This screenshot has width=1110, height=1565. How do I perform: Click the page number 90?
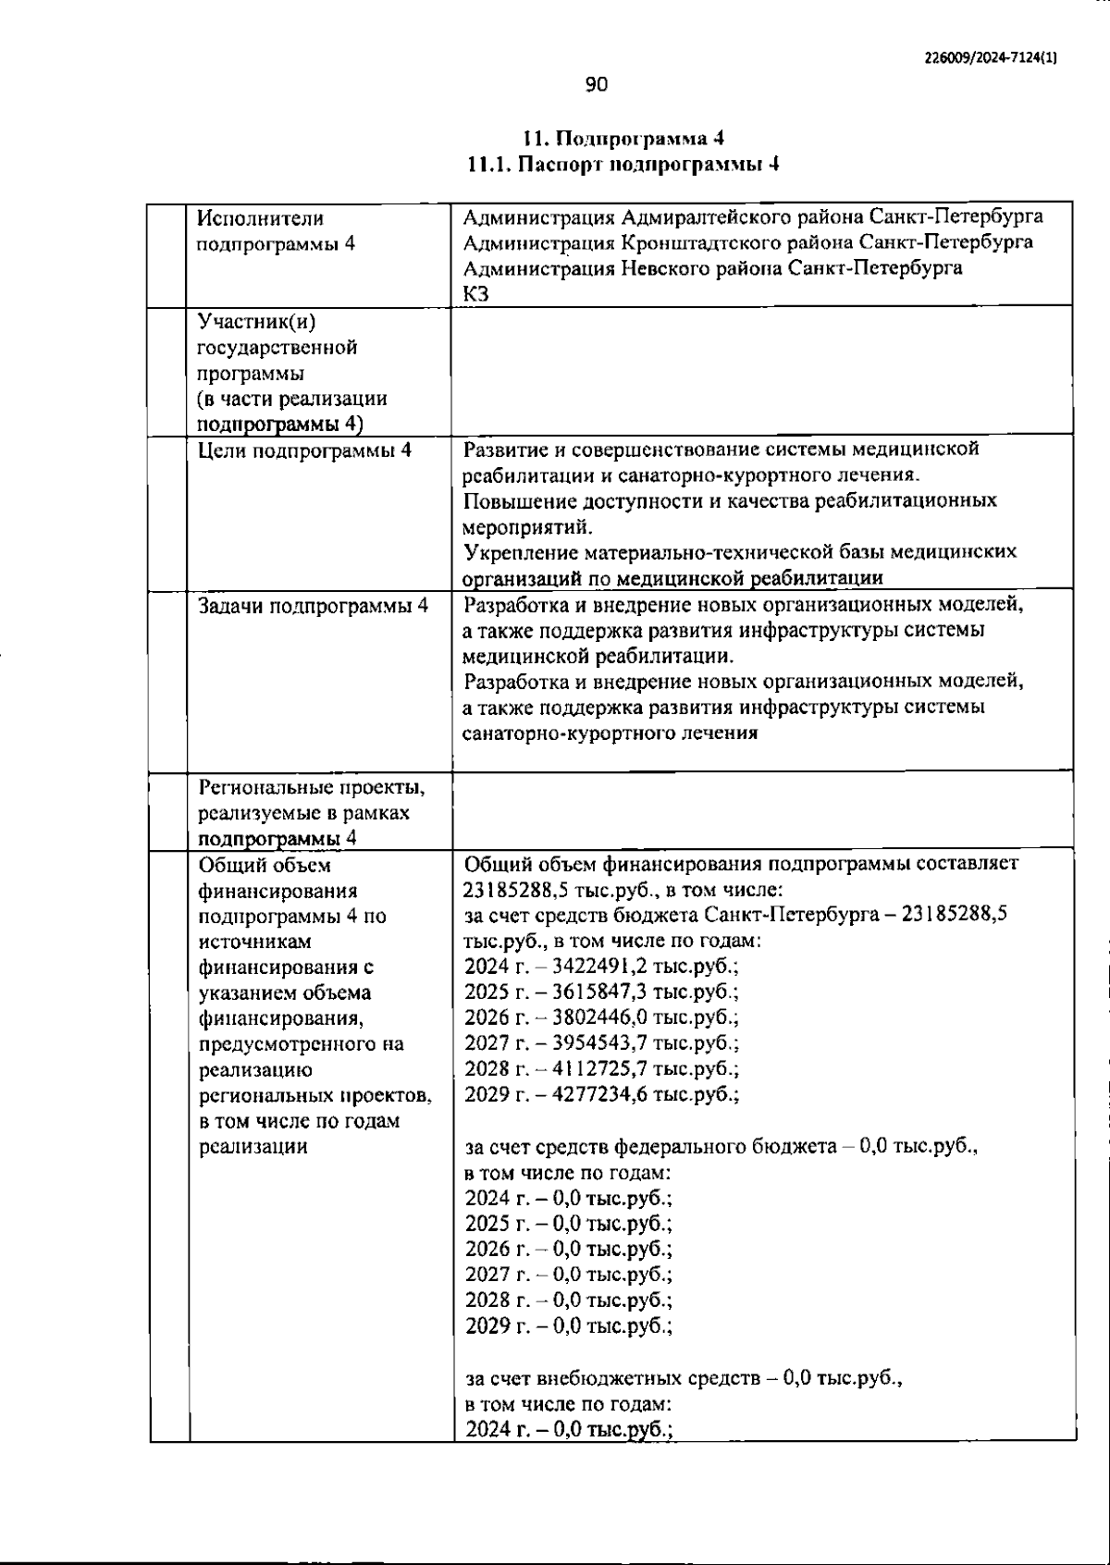pos(597,85)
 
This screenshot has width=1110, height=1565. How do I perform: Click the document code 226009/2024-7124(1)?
pos(991,56)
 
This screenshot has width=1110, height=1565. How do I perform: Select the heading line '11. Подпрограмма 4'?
pos(623,139)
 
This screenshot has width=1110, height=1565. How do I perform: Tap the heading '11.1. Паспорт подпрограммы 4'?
pos(623,165)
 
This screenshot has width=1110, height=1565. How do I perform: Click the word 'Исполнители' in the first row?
pos(261,218)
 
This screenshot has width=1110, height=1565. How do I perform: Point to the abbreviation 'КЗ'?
pos(476,294)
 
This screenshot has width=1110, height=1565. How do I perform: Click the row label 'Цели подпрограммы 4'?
pos(304,451)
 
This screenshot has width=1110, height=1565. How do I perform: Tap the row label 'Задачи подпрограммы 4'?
pos(313,607)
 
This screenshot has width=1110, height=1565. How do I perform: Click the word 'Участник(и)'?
pos(256,322)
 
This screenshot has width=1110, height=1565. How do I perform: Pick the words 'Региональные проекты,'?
pos(312,788)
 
